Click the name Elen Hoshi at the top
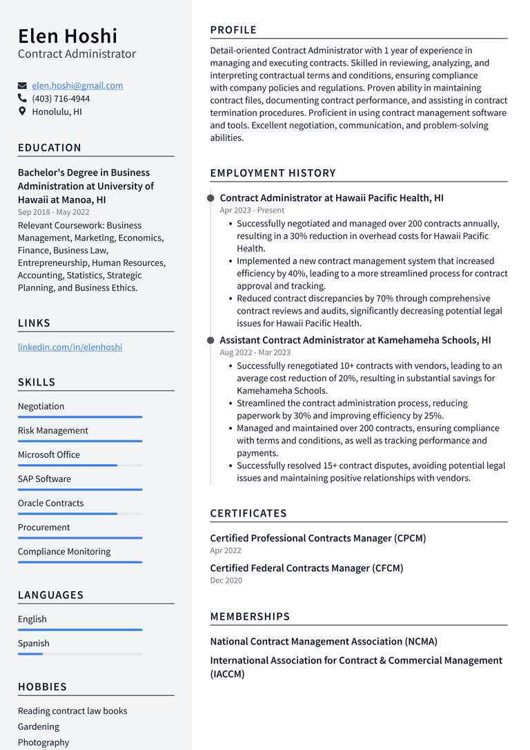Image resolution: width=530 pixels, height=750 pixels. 68,36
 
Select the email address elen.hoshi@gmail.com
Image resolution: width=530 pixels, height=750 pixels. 77,86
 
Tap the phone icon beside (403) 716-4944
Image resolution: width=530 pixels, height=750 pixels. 22,99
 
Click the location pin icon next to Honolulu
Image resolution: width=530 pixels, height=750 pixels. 22,111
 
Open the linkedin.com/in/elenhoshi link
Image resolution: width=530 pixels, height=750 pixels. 70,347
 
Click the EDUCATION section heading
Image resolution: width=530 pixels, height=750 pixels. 50,148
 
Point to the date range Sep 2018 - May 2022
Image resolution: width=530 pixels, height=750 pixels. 53,212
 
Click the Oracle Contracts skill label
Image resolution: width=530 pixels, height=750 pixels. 50,503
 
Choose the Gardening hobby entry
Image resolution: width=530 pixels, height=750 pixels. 39,727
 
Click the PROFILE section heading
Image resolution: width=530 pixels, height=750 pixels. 233,30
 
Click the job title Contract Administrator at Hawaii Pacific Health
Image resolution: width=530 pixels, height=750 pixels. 331,198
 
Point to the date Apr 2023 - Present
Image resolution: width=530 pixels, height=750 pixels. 252,210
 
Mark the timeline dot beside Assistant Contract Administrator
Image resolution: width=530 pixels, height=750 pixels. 210,340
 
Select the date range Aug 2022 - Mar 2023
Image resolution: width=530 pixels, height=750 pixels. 255,352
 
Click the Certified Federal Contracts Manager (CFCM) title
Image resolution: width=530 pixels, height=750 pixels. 306,568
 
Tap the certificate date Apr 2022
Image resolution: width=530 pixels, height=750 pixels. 226,550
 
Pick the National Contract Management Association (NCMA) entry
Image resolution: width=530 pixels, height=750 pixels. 324,641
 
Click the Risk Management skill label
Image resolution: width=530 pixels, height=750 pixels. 53,430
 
